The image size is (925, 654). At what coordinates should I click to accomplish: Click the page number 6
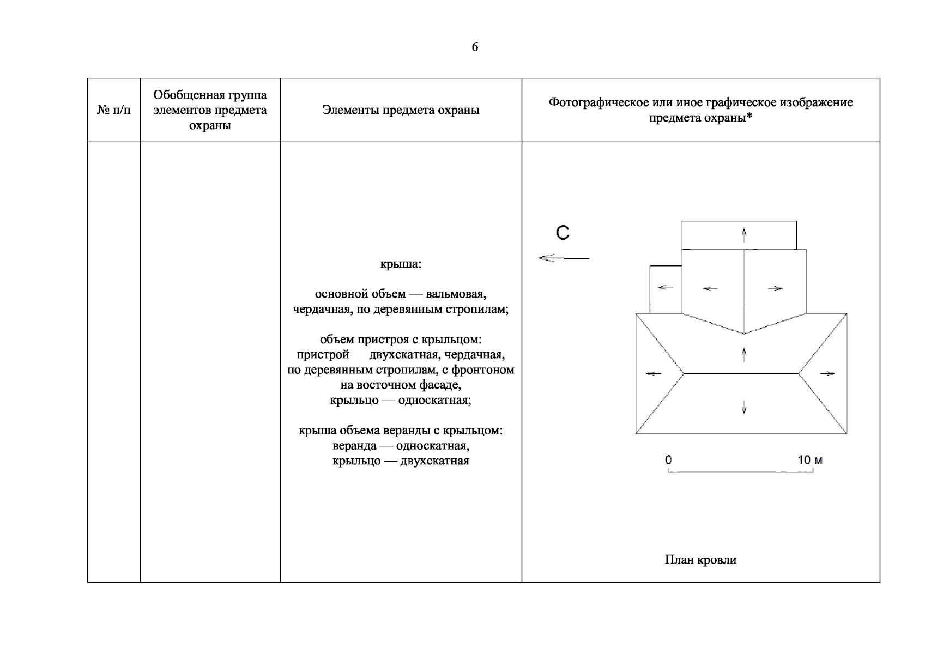[475, 47]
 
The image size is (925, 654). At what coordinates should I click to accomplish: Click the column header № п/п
[114, 110]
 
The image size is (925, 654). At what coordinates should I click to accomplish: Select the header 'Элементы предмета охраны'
[401, 110]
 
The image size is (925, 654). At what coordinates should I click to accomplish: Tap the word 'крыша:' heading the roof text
[401, 264]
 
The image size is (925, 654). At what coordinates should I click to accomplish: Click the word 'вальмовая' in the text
[456, 294]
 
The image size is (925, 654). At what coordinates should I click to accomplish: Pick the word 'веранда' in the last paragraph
[354, 446]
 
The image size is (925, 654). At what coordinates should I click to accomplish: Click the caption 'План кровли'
[700, 560]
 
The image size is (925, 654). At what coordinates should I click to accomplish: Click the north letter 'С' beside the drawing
[563, 233]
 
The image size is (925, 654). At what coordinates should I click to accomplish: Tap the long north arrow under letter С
[563, 258]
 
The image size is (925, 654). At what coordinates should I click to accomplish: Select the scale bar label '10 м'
[810, 460]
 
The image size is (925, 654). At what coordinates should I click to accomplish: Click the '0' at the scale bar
[668, 460]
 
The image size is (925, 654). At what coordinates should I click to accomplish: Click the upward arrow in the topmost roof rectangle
[744, 235]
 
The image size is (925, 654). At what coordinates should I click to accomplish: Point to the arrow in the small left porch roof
[665, 287]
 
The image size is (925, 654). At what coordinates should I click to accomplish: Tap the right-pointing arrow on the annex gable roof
[775, 288]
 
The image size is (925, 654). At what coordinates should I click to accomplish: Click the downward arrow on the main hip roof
[744, 407]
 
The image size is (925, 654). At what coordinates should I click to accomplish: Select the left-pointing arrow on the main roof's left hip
[653, 374]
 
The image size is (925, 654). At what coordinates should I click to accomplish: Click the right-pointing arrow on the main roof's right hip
[827, 374]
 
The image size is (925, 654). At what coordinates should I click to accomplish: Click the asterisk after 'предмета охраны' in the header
[749, 117]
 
